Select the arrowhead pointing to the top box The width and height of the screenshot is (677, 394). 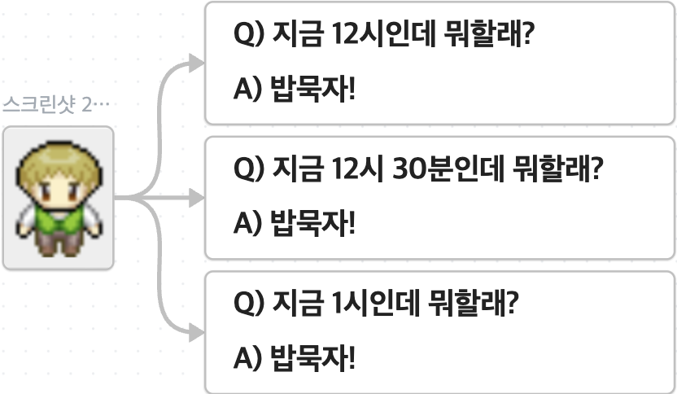pos(196,63)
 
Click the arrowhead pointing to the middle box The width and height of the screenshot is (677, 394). pos(196,198)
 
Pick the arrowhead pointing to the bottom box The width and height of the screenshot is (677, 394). pos(196,332)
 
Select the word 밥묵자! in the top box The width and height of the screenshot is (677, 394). pos(312,89)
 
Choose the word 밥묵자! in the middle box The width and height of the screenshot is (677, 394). pos(312,222)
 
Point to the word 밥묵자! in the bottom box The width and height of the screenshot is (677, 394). pos(312,357)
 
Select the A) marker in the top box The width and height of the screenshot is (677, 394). pos(247,89)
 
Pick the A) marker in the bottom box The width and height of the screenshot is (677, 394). pos(247,357)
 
